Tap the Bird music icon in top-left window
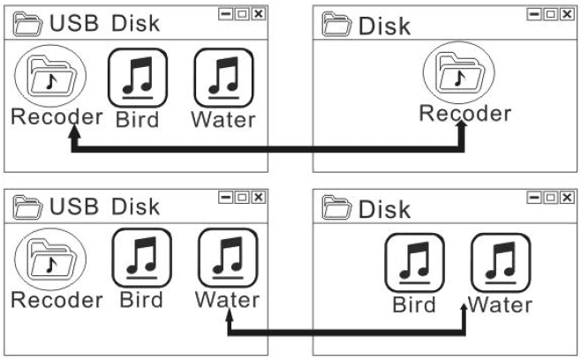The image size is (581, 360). click(137, 79)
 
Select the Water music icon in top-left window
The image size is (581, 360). click(223, 79)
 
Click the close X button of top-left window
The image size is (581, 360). click(258, 15)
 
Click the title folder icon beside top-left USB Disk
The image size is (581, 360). click(26, 24)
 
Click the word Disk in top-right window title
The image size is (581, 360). click(385, 26)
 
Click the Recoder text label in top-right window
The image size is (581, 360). click(464, 114)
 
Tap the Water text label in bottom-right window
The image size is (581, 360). click(500, 305)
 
